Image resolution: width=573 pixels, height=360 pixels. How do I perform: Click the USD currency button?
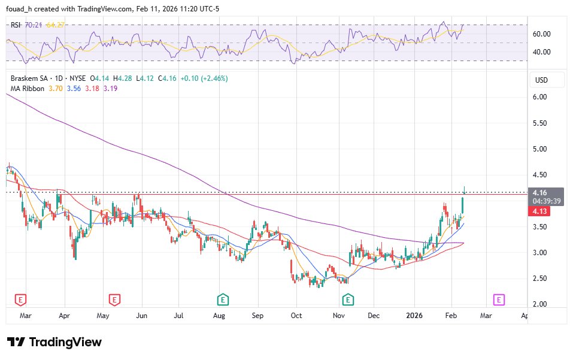click(541, 80)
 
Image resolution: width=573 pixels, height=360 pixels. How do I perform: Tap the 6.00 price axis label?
click(541, 97)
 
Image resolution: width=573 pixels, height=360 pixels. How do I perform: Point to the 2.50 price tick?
click(541, 279)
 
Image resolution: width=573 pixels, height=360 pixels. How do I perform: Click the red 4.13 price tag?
click(541, 211)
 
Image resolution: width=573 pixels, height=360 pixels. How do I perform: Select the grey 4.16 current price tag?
click(541, 193)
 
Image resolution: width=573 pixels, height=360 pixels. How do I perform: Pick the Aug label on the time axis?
click(219, 314)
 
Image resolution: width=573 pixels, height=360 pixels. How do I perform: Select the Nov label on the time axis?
click(339, 314)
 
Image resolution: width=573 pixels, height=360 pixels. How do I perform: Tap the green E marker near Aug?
click(223, 299)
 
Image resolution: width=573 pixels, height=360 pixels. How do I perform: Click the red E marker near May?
click(113, 299)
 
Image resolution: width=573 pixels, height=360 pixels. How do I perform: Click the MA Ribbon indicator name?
click(28, 89)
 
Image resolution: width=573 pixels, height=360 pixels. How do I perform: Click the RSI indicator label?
click(16, 25)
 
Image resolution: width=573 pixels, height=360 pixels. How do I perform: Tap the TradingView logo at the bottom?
click(54, 342)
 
